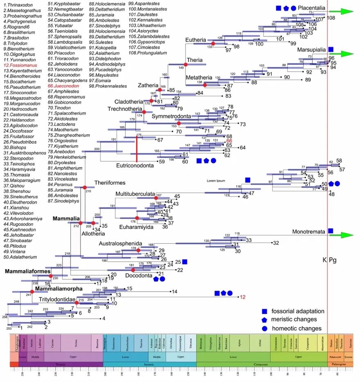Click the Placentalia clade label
coord(312,8)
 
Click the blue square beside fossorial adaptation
coord(265,311)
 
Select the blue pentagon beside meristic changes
coord(265,319)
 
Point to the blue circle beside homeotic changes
coord(265,328)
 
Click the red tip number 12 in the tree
coord(243,297)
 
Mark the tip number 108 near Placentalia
coord(331,18)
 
